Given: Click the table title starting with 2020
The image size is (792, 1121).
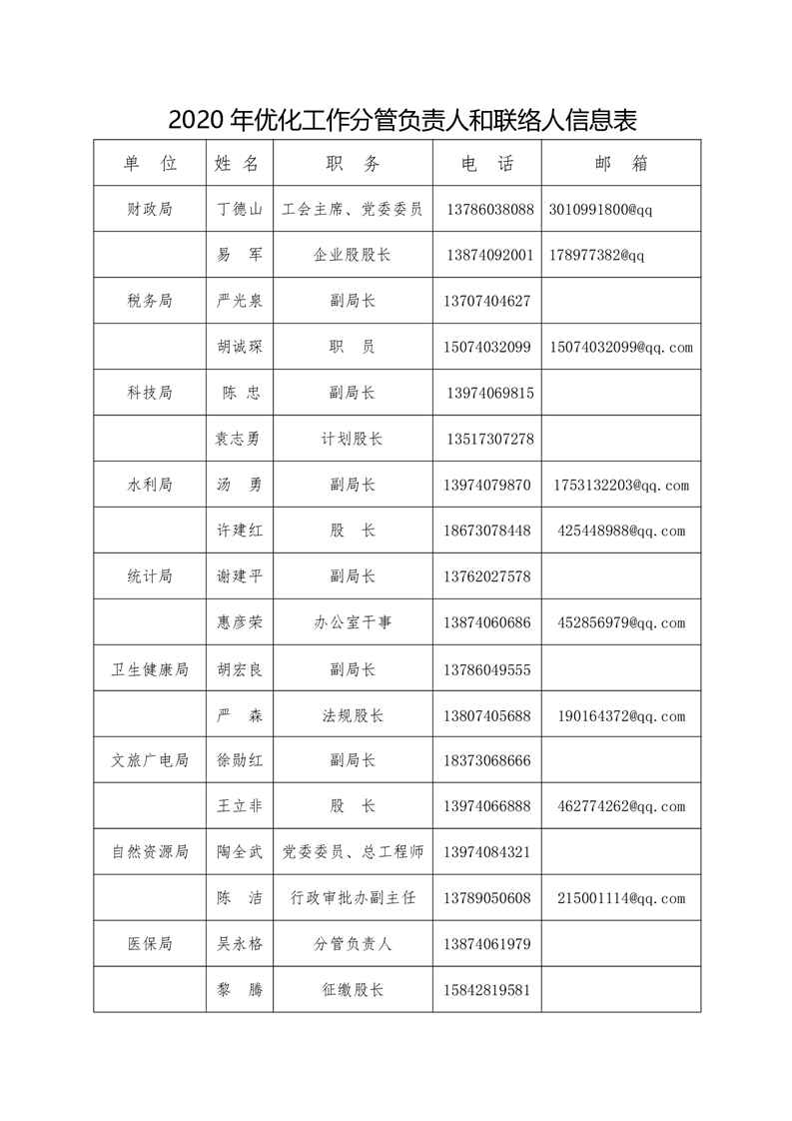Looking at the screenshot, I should coord(402,121).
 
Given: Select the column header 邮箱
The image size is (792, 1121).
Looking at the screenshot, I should coord(620,164).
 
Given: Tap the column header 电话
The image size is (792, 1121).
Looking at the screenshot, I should coord(487,164).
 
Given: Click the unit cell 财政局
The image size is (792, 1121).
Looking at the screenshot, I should coord(150,210).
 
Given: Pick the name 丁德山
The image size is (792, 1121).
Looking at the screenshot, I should coord(240,210).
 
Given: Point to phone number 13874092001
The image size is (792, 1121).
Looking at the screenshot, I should coord(488,256).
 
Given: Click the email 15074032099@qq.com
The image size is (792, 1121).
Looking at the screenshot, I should coord(621,348).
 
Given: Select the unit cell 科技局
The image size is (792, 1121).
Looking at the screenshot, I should coord(150,394).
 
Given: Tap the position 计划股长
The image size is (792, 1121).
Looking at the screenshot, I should coord(353,440).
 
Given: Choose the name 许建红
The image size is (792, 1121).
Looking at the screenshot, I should coord(240,531).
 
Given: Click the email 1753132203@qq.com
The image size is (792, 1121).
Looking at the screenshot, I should coord(621,486).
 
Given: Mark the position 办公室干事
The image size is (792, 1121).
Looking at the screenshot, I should coord(353,622).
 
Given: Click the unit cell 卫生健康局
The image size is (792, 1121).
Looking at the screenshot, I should coord(150,669).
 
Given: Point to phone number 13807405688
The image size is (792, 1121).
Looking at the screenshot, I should coord(488,715).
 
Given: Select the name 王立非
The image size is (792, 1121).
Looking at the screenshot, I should coord(240,806).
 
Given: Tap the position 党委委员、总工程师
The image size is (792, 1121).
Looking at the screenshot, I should coord(353,852).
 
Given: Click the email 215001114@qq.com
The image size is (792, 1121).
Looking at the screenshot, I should coord(621,898).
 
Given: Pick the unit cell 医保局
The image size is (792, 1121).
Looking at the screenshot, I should coord(150,944).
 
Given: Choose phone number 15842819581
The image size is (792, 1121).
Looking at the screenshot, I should coord(488,990).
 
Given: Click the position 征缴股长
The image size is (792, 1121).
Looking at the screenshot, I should coord(353,990).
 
